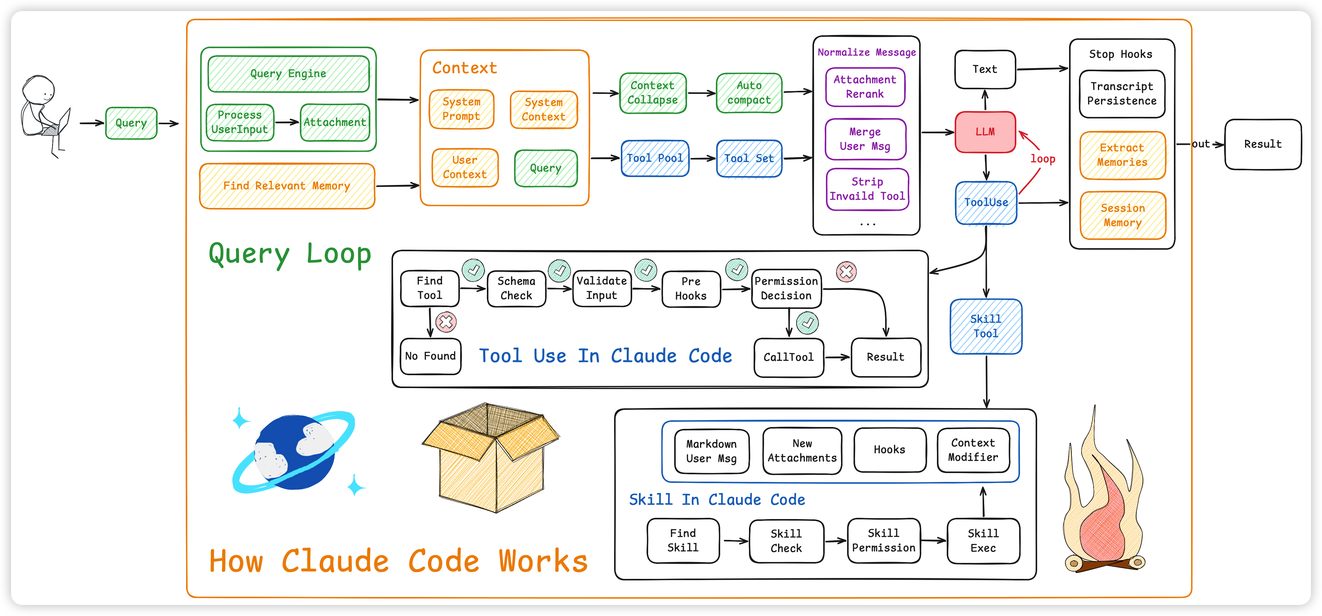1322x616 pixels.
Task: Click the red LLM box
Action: point(985,132)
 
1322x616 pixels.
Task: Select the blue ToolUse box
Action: point(986,203)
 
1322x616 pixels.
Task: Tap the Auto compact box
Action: point(749,93)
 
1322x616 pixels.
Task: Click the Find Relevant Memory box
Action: point(287,186)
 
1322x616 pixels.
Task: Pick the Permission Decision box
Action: point(786,288)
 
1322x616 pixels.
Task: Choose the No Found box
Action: point(430,356)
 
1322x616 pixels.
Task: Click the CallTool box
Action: point(788,357)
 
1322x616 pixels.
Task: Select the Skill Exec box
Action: point(983,541)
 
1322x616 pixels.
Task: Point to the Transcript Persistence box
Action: point(1122,94)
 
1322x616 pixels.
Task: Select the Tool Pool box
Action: point(655,158)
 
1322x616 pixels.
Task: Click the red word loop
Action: point(1043,159)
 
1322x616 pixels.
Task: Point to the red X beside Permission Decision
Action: point(846,271)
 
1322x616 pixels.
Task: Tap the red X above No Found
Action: point(446,322)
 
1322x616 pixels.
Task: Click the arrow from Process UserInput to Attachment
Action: point(287,122)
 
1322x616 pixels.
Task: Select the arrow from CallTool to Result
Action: point(837,357)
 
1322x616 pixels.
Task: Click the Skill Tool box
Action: point(986,326)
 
